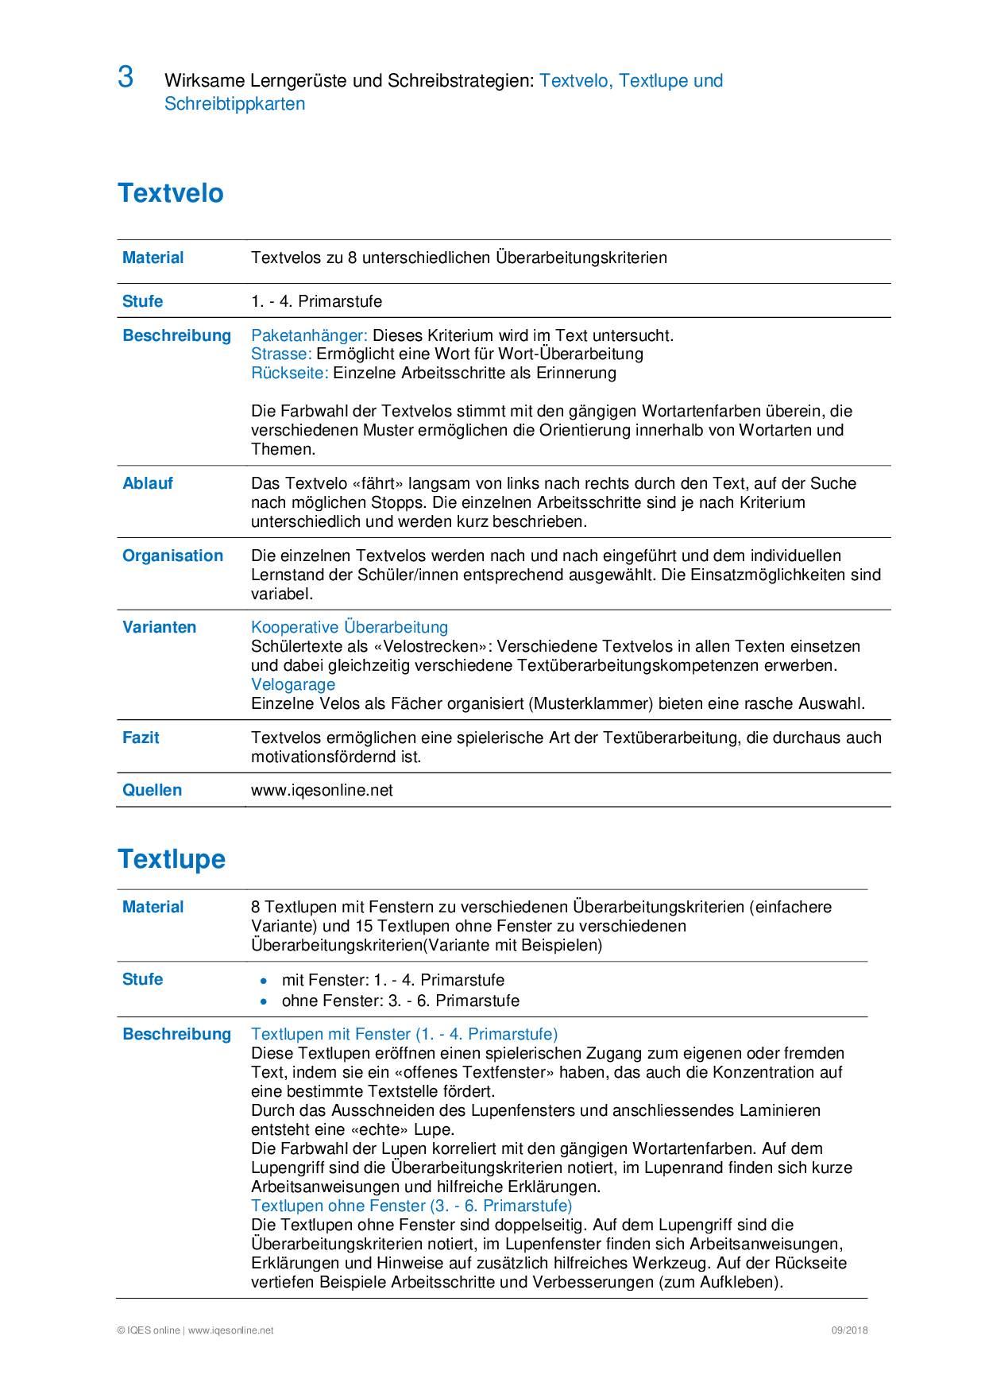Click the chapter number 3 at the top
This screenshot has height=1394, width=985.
126,77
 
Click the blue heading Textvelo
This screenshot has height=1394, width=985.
171,193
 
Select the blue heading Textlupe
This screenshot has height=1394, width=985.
172,859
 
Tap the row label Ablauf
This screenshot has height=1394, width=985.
148,483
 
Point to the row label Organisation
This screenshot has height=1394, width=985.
172,556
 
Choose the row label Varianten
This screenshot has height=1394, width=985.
159,627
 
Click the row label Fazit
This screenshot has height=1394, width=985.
141,738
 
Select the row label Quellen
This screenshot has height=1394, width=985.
152,790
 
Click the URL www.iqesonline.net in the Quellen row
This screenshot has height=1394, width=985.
322,790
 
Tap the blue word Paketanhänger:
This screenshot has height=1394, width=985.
309,335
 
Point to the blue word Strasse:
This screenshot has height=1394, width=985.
281,354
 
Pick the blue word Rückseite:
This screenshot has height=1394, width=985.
289,373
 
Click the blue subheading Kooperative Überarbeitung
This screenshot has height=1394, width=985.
350,627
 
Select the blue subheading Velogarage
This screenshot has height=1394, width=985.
293,684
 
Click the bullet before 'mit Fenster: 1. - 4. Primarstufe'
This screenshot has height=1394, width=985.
264,981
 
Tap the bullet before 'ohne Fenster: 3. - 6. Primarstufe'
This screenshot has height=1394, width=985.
264,1001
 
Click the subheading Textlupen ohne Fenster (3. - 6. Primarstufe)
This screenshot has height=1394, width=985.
411,1206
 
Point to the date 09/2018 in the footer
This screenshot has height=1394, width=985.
849,1330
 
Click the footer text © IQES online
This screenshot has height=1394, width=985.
149,1330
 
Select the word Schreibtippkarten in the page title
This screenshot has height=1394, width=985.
234,103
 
